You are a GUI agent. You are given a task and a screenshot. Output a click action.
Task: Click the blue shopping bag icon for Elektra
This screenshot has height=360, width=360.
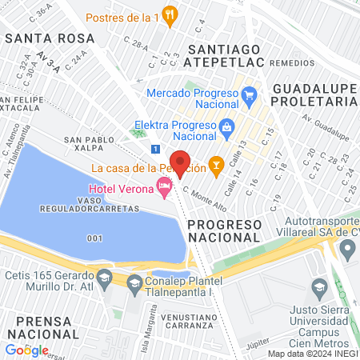pos(226,126)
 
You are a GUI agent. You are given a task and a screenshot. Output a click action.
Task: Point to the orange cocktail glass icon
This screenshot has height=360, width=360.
pos(214,166)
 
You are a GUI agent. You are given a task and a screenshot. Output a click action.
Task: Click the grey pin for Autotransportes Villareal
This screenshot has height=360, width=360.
pos(347,249)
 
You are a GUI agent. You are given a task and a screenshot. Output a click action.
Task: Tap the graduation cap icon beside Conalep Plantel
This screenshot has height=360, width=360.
pos(134,282)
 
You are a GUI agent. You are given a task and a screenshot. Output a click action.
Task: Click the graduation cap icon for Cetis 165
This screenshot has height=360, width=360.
pos(103,277)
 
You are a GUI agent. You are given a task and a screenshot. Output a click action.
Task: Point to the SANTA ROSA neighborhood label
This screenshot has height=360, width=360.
pos(50,38)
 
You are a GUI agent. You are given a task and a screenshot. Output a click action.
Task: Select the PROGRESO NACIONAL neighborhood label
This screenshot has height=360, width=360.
pos(224,230)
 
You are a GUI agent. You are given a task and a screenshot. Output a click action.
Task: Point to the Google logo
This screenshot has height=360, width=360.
pos(26,350)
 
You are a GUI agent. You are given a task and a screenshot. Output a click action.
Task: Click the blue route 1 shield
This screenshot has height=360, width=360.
pos(154,149)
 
